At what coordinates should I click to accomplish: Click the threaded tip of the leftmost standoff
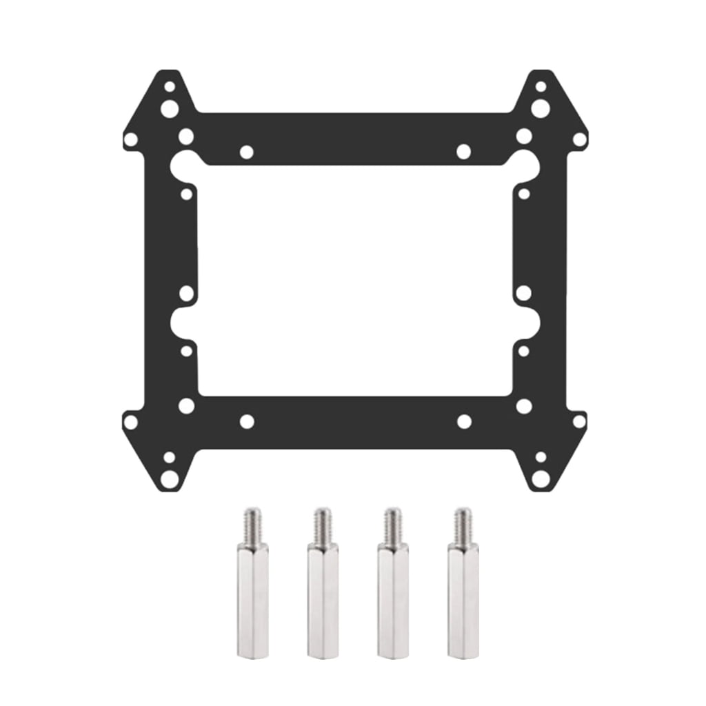coord(253,524)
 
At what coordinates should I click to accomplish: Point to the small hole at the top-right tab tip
coord(541,87)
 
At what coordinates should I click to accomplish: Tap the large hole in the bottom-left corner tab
coord(169,477)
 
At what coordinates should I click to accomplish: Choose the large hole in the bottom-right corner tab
coord(541,477)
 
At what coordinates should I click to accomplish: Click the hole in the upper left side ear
coord(130,140)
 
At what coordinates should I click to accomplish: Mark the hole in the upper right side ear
coord(579,140)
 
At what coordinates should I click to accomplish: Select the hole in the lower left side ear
coord(130,421)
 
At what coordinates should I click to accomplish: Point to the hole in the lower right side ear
coord(579,421)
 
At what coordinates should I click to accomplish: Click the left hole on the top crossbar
coord(246,152)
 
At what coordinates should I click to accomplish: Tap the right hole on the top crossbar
coord(463,152)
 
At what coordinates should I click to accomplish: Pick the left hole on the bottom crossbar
coord(246,421)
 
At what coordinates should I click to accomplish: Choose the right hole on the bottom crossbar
coord(463,421)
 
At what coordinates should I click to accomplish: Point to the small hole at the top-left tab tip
coord(169,87)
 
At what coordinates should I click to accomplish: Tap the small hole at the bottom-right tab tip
coord(541,456)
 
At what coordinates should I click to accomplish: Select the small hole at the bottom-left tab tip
coord(169,456)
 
